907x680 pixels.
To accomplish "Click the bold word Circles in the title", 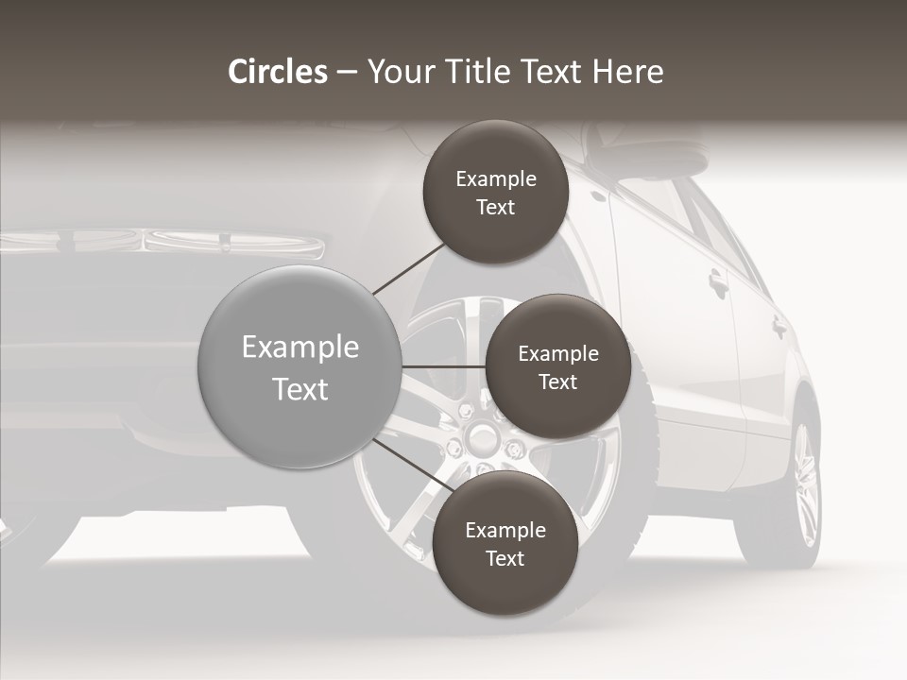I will tap(278, 72).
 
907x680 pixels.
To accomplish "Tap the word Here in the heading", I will tap(627, 72).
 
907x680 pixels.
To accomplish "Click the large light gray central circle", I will tap(299, 366).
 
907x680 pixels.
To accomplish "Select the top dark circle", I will tap(495, 193).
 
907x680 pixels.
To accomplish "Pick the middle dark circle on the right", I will tap(557, 366).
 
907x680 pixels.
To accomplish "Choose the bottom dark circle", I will tap(505, 543).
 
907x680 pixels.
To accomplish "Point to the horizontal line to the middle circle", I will tap(444, 366).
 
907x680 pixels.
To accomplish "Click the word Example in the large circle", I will tap(299, 347).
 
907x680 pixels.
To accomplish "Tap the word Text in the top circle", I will tap(495, 207).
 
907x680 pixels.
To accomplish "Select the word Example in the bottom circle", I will tap(505, 530).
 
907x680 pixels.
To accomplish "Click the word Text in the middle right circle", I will tap(557, 382).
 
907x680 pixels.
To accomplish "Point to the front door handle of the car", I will tap(719, 280).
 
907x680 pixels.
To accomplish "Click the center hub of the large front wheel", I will tap(483, 436).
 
